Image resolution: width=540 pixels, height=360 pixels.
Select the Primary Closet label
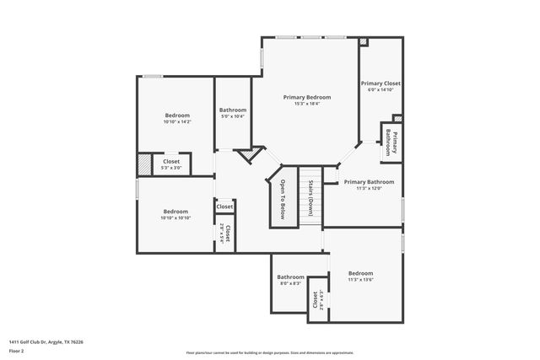(x=381, y=83)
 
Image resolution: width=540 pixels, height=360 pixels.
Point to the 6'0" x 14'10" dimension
(x=381, y=91)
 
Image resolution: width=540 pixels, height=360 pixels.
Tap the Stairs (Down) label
(x=310, y=198)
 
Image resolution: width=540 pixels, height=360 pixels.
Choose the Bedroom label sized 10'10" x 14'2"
(x=177, y=115)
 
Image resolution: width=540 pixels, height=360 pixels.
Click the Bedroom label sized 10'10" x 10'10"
(x=175, y=211)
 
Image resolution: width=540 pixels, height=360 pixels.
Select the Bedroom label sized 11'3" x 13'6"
(x=360, y=273)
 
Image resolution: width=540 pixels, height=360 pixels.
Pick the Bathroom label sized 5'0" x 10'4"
(x=233, y=110)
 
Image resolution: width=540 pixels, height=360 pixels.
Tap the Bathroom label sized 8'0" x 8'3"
(x=290, y=277)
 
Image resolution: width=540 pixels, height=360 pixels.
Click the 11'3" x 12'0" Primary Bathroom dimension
(x=369, y=189)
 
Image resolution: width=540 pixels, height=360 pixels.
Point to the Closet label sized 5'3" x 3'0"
(x=171, y=161)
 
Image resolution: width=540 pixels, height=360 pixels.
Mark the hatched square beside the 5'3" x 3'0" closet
(x=144, y=163)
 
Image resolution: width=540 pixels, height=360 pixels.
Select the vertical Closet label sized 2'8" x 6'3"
(x=316, y=299)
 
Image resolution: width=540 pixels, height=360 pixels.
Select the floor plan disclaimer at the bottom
(x=270, y=352)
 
